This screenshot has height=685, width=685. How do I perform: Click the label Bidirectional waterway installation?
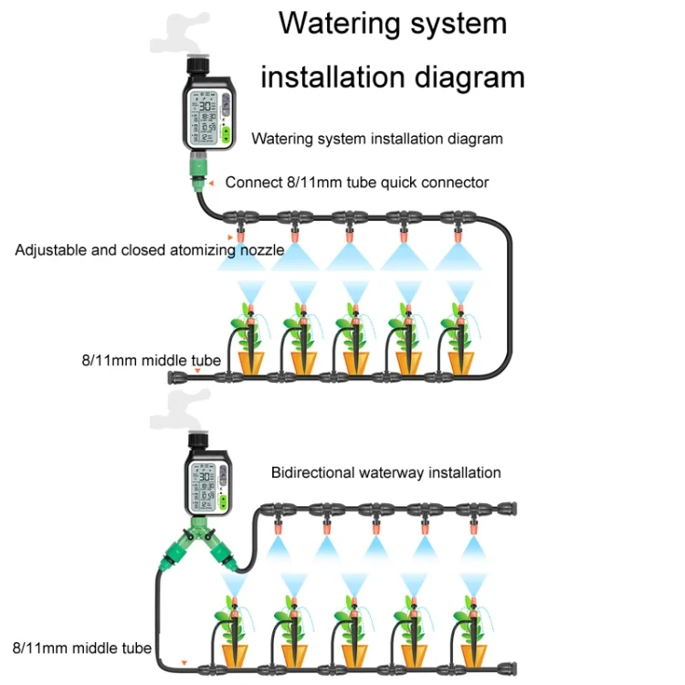(385, 472)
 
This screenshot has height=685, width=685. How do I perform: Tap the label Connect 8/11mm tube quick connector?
(356, 182)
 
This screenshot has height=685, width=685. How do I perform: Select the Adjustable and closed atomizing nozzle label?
(149, 249)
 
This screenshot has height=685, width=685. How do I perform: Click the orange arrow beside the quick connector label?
(210, 183)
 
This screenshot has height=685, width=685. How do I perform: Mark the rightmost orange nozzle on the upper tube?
(456, 239)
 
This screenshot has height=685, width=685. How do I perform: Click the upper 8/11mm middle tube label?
(151, 361)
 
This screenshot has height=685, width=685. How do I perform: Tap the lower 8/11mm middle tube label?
(82, 648)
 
